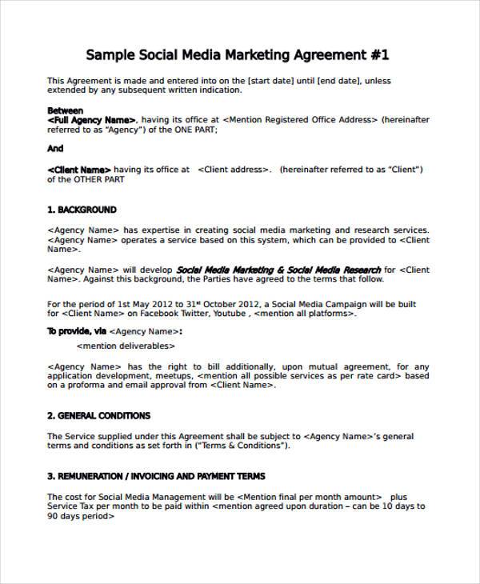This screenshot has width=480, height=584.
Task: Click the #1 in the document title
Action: tap(379, 55)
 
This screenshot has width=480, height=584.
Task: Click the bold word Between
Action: tap(65, 110)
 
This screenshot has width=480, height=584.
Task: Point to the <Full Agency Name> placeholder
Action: tap(92, 120)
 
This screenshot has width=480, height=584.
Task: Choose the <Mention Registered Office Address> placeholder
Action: tap(299, 120)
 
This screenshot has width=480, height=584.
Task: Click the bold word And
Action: tap(55, 149)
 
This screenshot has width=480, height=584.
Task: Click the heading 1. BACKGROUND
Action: tap(82, 210)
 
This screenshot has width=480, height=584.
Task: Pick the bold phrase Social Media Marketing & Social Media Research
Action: tap(278, 270)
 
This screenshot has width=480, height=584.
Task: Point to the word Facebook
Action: tap(140, 314)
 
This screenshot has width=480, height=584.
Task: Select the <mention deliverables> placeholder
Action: tap(125, 346)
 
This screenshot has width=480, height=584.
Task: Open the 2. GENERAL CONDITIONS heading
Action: tap(98, 416)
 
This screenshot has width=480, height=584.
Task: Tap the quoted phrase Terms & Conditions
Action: tap(247, 446)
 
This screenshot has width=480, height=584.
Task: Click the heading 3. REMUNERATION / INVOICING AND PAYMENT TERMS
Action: tap(156, 476)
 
